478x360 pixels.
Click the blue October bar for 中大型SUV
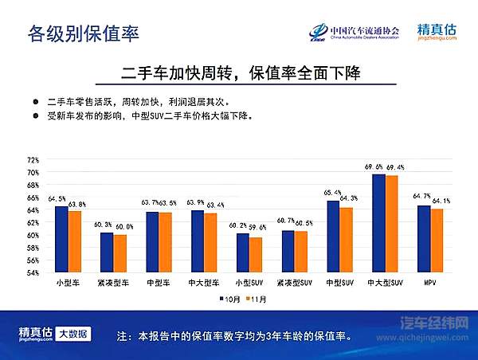tap(378, 223)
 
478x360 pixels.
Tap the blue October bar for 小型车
tap(61, 239)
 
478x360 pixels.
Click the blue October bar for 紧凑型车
tap(107, 252)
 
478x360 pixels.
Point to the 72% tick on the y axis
tap(33, 159)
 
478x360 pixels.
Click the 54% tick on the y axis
tap(33, 273)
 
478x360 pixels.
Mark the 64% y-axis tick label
tap(33, 210)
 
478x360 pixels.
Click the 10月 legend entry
tap(231, 299)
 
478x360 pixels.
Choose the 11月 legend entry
tap(257, 299)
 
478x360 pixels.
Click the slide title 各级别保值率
tap(83, 33)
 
